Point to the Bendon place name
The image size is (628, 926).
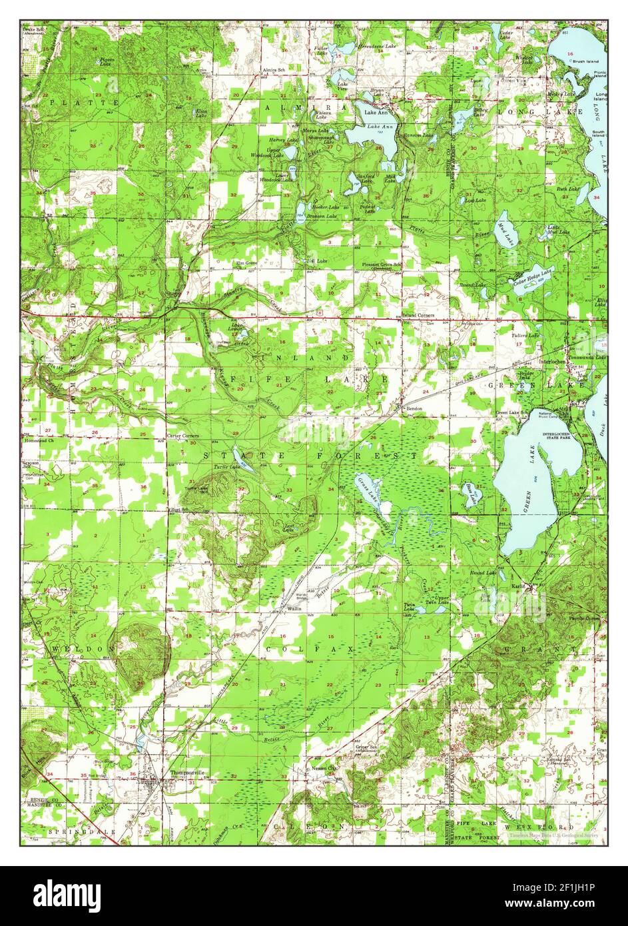tap(414, 408)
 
